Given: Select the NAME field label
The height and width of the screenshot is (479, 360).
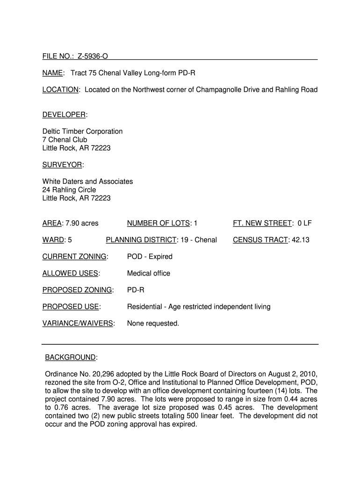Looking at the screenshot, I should click(x=53, y=73).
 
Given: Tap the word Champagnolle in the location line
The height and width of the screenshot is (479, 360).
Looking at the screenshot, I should click(x=216, y=90).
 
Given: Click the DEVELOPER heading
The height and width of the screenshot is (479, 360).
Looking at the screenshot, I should click(x=64, y=115).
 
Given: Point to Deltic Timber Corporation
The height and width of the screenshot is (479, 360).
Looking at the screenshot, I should click(x=82, y=131).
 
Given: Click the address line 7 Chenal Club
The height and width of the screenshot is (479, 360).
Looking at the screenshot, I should click(x=65, y=140).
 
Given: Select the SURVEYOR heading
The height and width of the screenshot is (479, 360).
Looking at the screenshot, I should click(x=62, y=165).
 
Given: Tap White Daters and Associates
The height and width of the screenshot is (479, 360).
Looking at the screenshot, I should click(x=87, y=181).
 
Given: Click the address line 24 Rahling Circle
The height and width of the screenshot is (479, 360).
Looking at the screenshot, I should click(x=69, y=190).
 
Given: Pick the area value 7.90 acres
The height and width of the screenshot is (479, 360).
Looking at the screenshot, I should click(x=82, y=224).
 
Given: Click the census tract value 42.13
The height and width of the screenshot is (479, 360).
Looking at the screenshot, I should click(x=300, y=240).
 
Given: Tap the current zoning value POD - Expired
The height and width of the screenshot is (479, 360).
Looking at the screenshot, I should click(x=150, y=257).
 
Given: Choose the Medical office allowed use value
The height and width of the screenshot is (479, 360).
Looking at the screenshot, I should click(x=149, y=274).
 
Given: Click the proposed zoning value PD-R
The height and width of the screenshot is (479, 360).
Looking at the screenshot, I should click(x=136, y=290).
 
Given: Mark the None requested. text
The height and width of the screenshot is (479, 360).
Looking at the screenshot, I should click(x=153, y=324).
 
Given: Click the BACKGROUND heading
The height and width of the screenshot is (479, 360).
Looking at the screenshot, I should click(x=70, y=358).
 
